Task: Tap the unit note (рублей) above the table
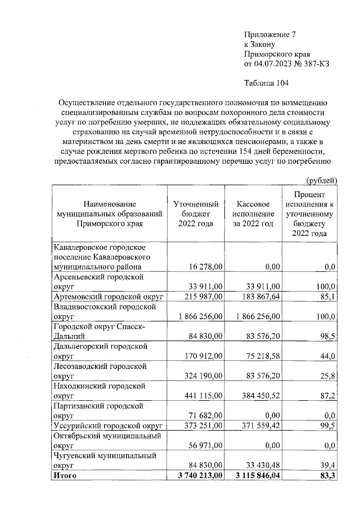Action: click(x=321, y=180)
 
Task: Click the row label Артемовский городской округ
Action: click(x=108, y=296)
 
